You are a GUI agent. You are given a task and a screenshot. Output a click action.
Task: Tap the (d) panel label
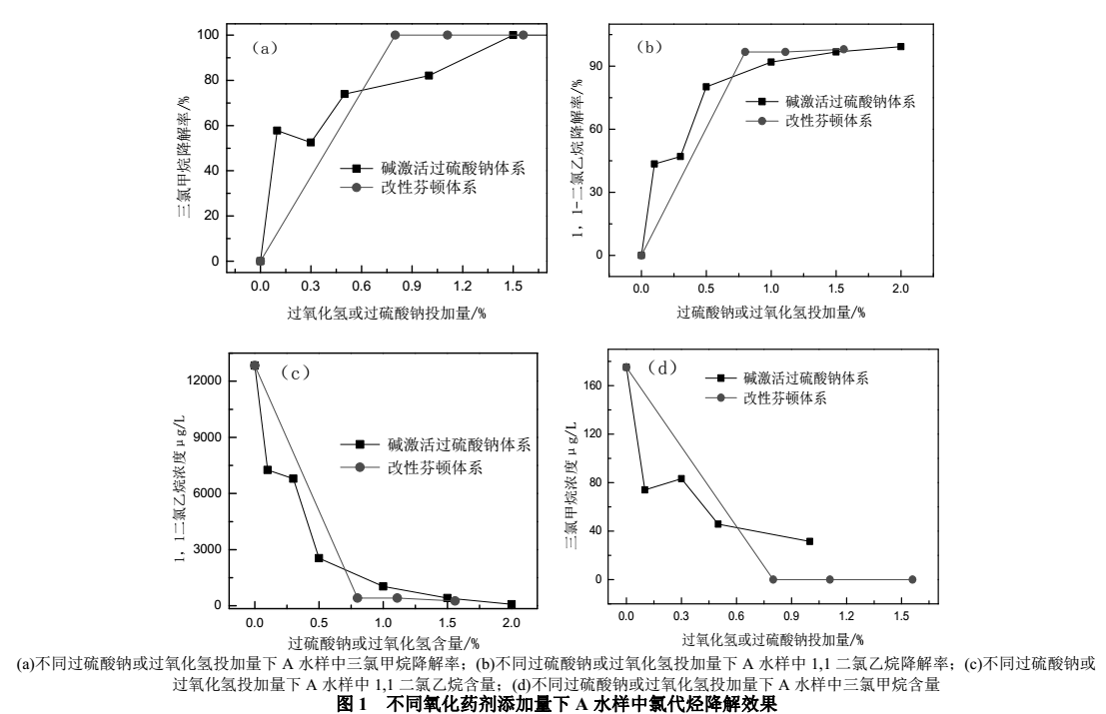(x=664, y=368)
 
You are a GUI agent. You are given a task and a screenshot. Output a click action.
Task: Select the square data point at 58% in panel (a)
(x=277, y=131)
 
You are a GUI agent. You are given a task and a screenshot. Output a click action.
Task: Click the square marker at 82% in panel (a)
(x=429, y=76)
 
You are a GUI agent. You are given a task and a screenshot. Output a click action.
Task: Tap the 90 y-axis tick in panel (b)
(x=621, y=66)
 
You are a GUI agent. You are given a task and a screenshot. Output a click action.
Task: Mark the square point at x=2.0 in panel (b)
(x=900, y=47)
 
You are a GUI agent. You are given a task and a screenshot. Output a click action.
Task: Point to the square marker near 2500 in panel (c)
(x=319, y=558)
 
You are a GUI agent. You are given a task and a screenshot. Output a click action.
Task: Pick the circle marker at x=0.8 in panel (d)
(x=772, y=579)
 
